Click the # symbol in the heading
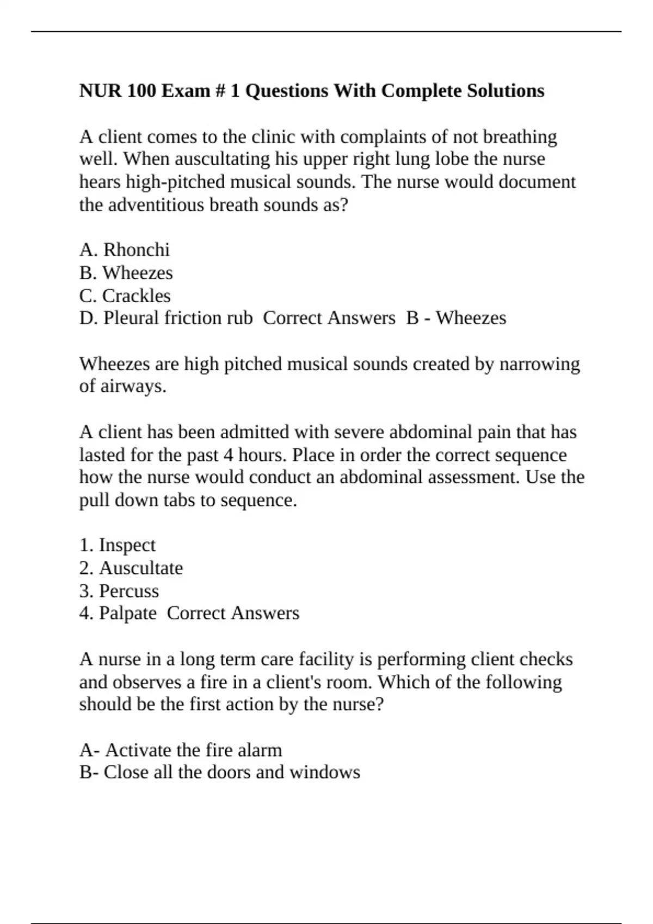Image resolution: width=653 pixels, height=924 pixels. pos(220,90)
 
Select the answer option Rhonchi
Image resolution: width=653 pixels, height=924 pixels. pos(137,250)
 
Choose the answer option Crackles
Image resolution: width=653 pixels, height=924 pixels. pos(136,296)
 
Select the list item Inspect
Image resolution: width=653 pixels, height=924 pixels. pos(127,545)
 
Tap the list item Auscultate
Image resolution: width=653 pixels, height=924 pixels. pos(141,568)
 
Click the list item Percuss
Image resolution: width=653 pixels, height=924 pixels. pos(129,591)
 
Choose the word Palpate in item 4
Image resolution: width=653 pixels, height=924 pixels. pos(127,614)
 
